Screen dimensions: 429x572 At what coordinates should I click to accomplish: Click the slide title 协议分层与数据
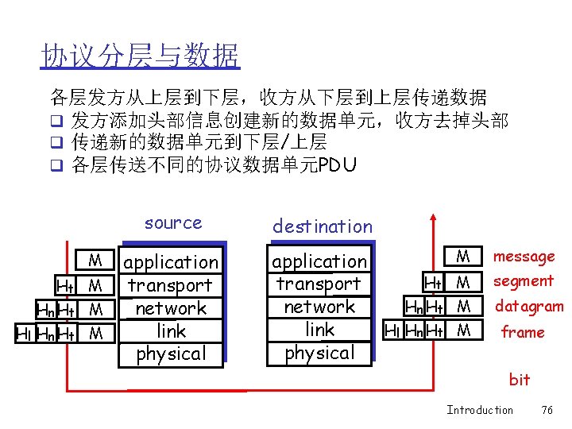coord(140,56)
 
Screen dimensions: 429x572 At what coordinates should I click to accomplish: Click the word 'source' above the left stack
coord(173,223)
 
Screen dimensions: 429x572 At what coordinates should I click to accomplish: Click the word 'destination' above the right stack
coord(322,226)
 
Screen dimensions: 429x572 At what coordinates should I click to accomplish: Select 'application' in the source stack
coord(172,262)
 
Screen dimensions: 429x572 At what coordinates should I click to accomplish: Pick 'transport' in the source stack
coord(170,285)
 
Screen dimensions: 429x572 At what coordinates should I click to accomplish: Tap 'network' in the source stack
coord(171,308)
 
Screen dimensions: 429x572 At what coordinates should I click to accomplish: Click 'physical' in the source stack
coord(171,354)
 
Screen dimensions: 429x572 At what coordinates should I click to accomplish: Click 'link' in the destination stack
coord(319,330)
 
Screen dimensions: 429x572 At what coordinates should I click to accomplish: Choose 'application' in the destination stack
coord(319,261)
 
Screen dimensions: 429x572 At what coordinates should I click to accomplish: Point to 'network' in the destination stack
coord(319,307)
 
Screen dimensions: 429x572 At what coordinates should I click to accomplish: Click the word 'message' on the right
coord(524,257)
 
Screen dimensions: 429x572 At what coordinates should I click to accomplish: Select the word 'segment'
coord(524,281)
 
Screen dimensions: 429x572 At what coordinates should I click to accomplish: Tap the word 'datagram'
coord(529,306)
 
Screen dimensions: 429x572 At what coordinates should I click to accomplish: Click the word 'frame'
coord(523,332)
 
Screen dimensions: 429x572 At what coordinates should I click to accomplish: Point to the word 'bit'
coord(520,380)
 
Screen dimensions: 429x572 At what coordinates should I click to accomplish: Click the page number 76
coord(547,410)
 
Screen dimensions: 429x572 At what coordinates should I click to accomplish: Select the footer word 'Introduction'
coord(480,410)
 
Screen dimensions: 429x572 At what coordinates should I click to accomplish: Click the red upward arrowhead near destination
coord(433,218)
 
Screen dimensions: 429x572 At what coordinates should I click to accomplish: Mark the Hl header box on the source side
coord(25,334)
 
